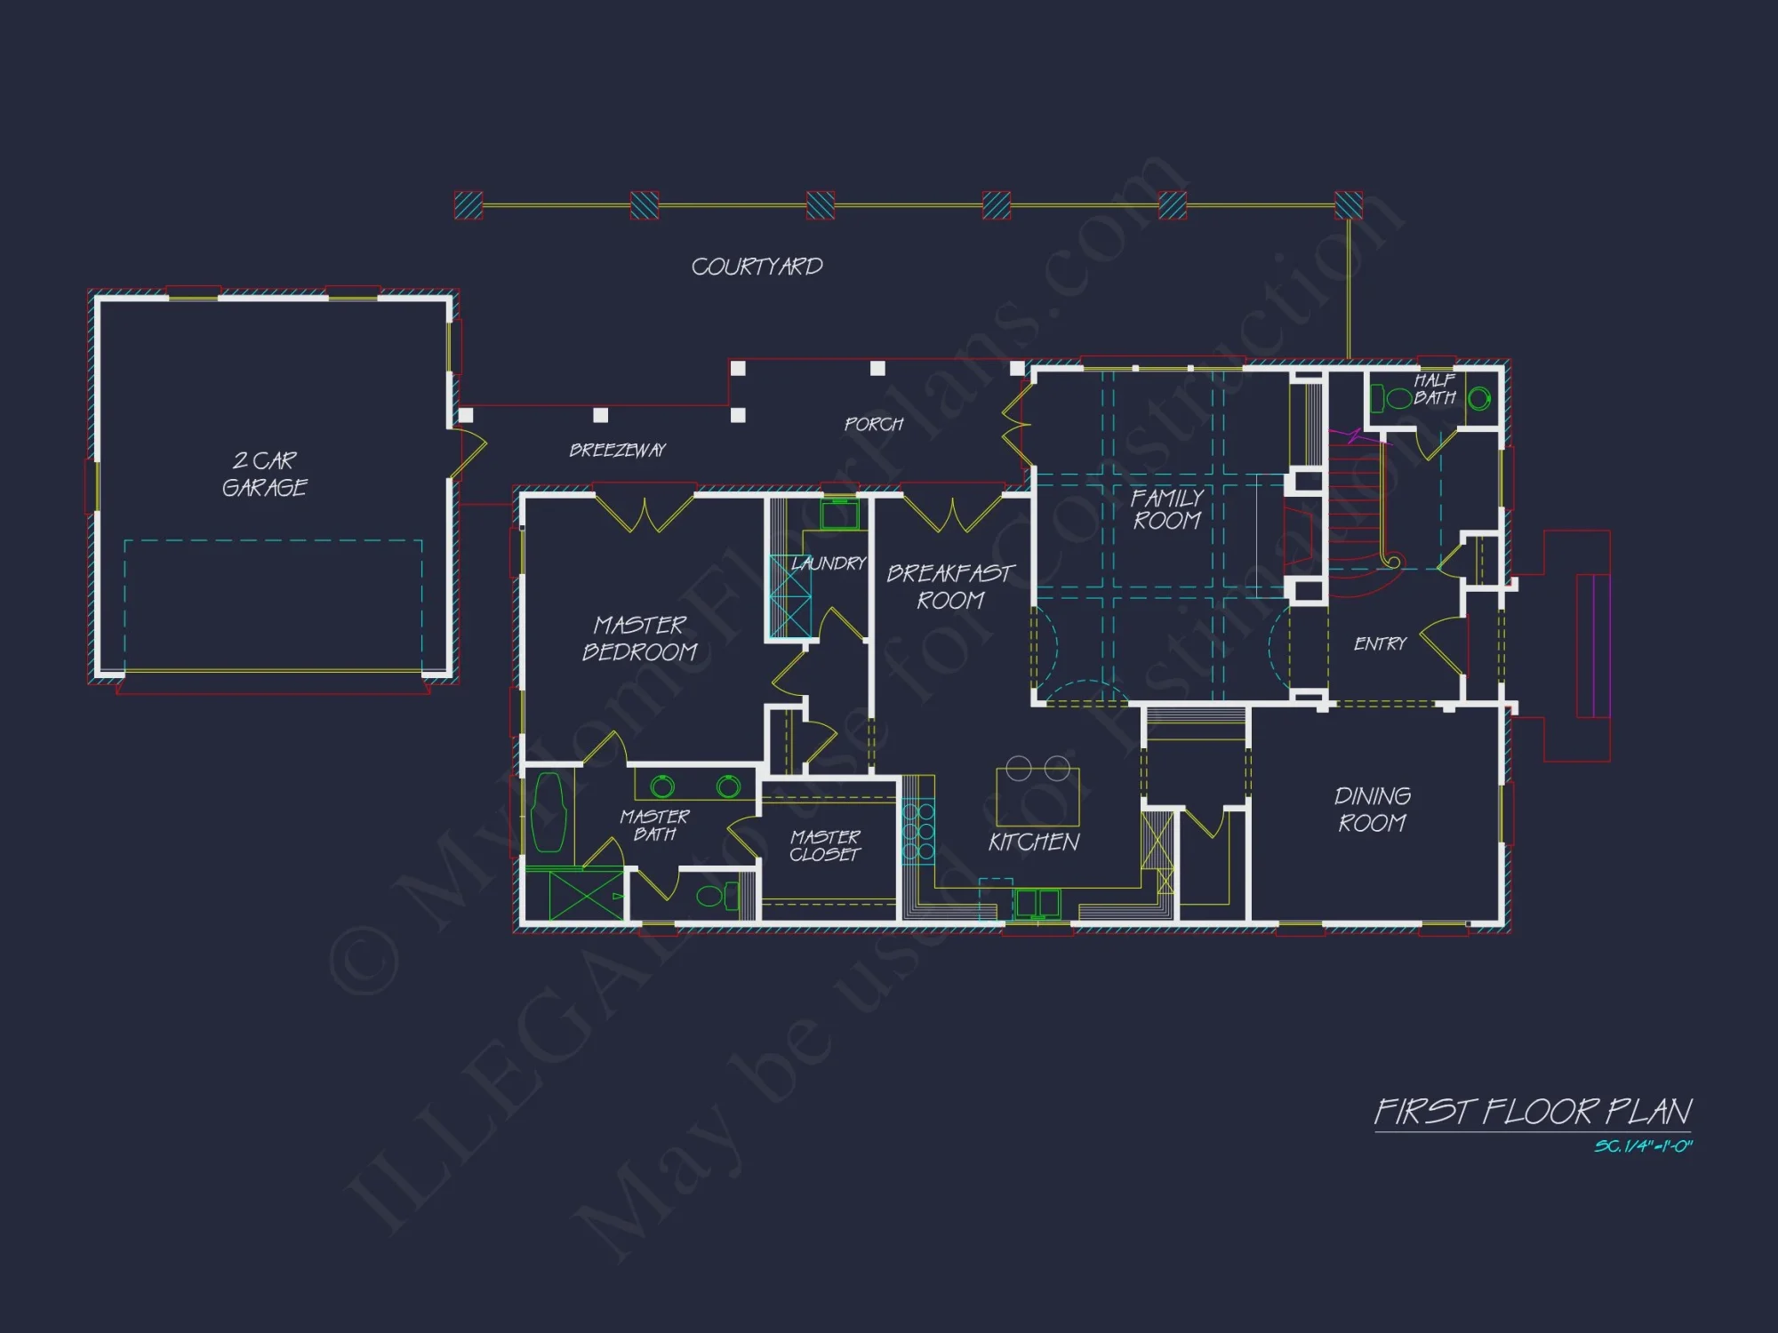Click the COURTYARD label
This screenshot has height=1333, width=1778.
coord(757,267)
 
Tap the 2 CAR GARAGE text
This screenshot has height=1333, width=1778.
coord(264,474)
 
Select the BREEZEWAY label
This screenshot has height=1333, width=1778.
coord(617,451)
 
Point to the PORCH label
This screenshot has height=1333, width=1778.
coord(873,425)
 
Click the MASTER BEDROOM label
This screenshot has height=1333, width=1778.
coord(639,638)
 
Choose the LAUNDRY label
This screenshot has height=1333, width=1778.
coord(828,563)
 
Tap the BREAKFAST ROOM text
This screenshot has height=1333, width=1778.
coord(949,587)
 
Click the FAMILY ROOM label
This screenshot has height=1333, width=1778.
coord(1167,509)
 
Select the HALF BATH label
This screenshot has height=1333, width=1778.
coord(1434,389)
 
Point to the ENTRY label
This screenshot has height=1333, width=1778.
coord(1380,643)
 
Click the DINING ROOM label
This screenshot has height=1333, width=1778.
coord(1372,810)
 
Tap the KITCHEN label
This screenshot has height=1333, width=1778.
coord(1033,842)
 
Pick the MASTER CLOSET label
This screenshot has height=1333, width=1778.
coord(825,846)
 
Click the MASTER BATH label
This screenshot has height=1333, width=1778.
coord(654,825)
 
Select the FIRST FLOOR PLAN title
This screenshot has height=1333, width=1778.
coord(1533,1112)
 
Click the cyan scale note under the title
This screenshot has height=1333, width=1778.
coord(1642,1146)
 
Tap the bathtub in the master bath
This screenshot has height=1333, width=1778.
coord(548,812)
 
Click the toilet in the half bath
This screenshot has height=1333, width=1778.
coord(1478,398)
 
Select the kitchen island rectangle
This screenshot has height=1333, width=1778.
coord(1037,797)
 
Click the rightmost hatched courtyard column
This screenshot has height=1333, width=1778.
coord(1348,205)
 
